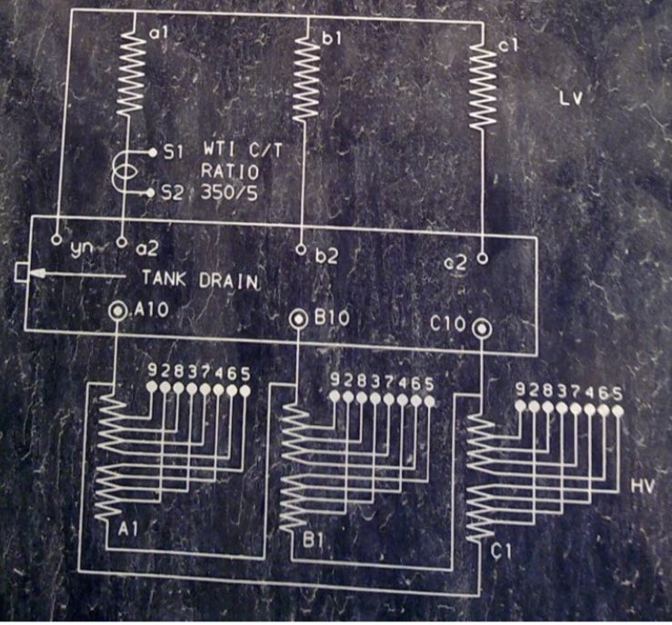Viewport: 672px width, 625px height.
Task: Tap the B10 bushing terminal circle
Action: coord(298,319)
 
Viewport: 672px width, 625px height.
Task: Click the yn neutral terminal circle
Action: coord(56,243)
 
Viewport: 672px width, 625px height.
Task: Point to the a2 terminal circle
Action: coord(122,244)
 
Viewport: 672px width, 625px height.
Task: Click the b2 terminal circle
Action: coord(302,248)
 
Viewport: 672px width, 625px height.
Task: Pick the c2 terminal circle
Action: coord(483,257)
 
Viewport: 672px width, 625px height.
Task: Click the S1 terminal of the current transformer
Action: coord(151,153)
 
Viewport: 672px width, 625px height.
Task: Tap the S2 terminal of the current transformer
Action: coord(151,192)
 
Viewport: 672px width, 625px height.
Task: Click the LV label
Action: coord(570,100)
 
